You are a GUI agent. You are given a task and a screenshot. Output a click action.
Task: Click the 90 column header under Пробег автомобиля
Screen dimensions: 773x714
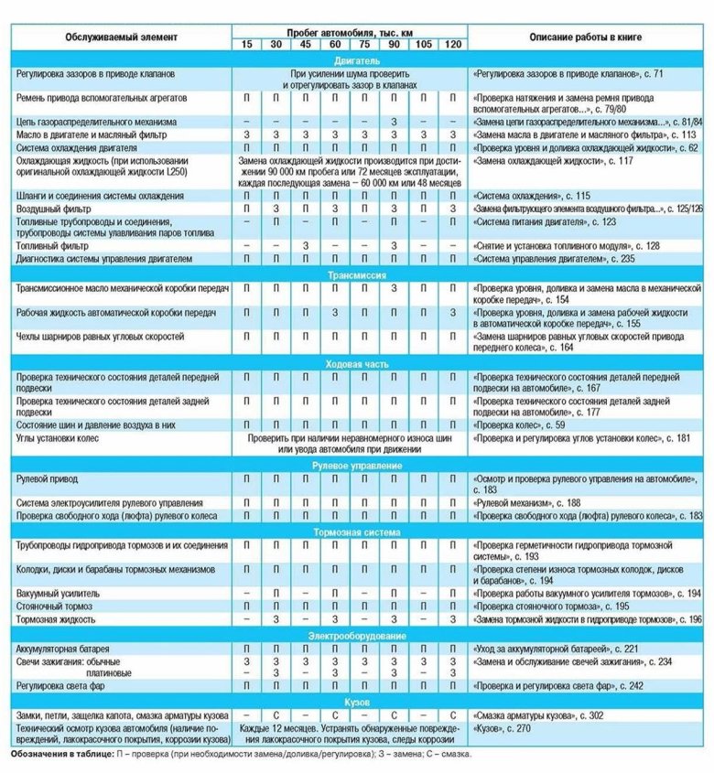[394, 45]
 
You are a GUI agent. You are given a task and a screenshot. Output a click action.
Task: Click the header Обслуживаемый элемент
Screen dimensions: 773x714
[122, 38]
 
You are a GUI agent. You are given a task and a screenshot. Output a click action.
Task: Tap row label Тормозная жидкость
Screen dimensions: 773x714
[58, 620]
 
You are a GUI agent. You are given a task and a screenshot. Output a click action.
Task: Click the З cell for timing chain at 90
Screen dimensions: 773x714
[394, 122]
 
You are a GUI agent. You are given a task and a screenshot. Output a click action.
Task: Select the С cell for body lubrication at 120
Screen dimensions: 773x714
[453, 714]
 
